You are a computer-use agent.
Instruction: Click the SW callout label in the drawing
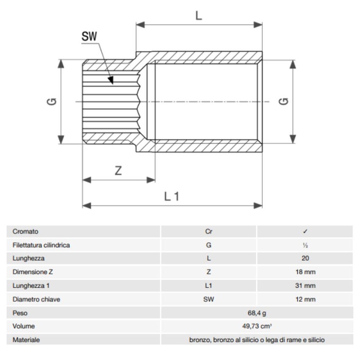tap(89, 37)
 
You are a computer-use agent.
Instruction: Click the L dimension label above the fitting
tap(199, 16)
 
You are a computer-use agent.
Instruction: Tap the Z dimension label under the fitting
tap(119, 171)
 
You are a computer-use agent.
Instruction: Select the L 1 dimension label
tap(172, 196)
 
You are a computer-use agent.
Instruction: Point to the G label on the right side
tap(284, 102)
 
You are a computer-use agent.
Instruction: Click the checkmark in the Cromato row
tap(305, 232)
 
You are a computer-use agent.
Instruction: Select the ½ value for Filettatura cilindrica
tap(305, 245)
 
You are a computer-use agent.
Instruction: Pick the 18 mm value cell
tap(305, 272)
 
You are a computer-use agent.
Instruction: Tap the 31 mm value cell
tap(305, 286)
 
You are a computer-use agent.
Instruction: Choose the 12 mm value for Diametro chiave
tap(305, 299)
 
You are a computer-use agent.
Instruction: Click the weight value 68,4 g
tap(257, 313)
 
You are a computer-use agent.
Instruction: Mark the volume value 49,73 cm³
tap(257, 326)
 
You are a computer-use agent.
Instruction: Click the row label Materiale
tap(26, 340)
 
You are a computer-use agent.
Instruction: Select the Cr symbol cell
tap(208, 232)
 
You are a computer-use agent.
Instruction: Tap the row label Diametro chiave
tap(36, 299)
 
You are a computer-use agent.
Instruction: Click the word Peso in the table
tap(20, 313)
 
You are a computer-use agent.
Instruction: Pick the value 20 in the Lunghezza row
tap(305, 259)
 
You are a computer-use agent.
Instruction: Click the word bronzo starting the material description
tap(199, 340)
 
